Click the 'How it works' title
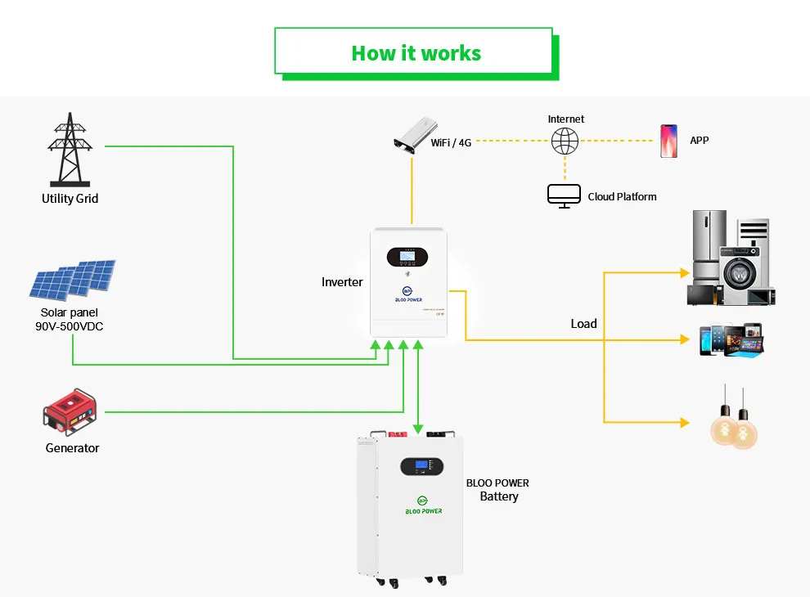[x=416, y=53]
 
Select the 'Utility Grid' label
[x=70, y=199]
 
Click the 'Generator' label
[x=72, y=448]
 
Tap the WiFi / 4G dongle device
[x=414, y=133]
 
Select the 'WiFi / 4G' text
[x=451, y=142]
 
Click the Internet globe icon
[x=565, y=141]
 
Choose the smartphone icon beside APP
[x=668, y=141]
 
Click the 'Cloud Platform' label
[x=622, y=197]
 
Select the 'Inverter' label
[x=342, y=282]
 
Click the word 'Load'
[x=583, y=324]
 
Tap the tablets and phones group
[x=730, y=339]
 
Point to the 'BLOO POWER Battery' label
[x=497, y=490]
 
